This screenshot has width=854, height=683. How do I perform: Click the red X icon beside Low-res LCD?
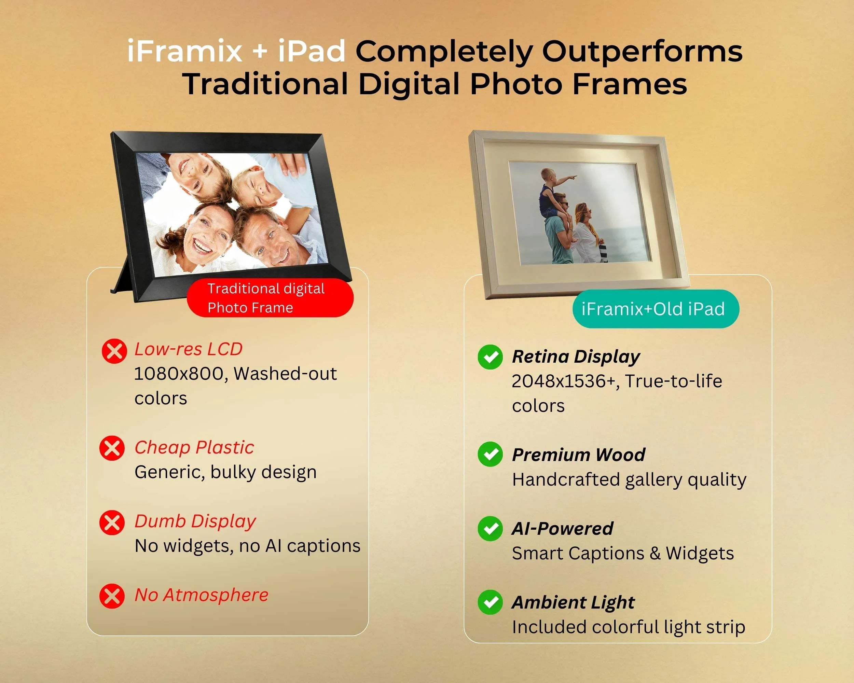(114, 351)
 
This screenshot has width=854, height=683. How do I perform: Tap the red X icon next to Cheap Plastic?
(112, 448)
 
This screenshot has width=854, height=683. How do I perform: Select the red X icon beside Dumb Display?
(112, 522)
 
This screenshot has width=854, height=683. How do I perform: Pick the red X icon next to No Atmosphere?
(112, 596)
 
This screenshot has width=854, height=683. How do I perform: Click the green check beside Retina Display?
(491, 357)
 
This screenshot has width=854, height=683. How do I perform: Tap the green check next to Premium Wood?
(491, 454)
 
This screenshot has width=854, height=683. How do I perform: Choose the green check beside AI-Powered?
(491, 529)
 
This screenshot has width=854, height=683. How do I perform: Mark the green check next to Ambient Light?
(491, 602)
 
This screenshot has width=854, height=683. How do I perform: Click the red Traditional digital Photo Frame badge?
(270, 298)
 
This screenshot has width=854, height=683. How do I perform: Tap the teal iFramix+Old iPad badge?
(656, 309)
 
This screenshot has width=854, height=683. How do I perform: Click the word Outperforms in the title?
(642, 52)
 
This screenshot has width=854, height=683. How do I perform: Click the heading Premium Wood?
(578, 455)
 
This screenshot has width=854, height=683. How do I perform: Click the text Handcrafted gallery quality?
(629, 480)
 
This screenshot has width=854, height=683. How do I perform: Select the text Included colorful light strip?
(629, 628)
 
